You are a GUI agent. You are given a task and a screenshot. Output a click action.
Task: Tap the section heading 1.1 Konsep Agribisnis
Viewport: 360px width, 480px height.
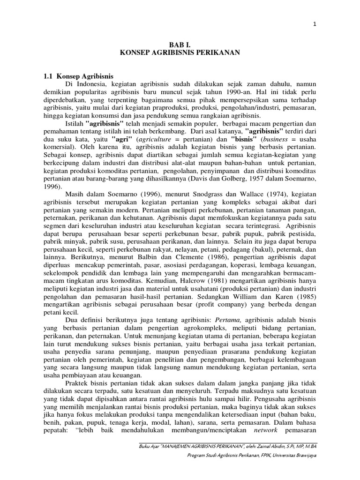pyautogui.click(x=78, y=76)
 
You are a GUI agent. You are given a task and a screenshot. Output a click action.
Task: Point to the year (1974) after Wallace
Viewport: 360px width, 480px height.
pyautogui.click(x=274, y=195)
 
